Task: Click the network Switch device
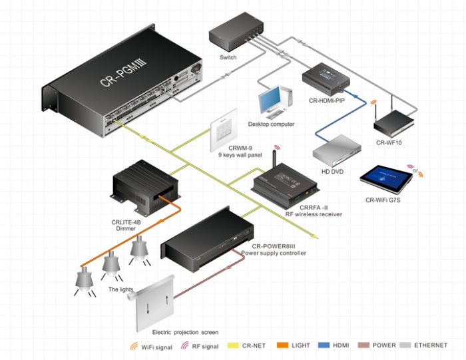point(236,32)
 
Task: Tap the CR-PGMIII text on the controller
point(123,73)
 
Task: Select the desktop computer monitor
point(269,100)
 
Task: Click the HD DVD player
point(337,151)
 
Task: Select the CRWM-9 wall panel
point(224,130)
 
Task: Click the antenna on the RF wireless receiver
point(275,159)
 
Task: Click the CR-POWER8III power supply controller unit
point(207,240)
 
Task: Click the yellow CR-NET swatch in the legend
point(233,345)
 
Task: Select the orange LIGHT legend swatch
point(282,345)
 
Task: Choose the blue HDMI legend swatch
point(324,345)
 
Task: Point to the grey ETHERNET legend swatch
point(405,345)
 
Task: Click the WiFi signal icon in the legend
point(134,346)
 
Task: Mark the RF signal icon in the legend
point(185,345)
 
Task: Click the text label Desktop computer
point(271,124)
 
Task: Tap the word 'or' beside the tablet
point(415,170)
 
